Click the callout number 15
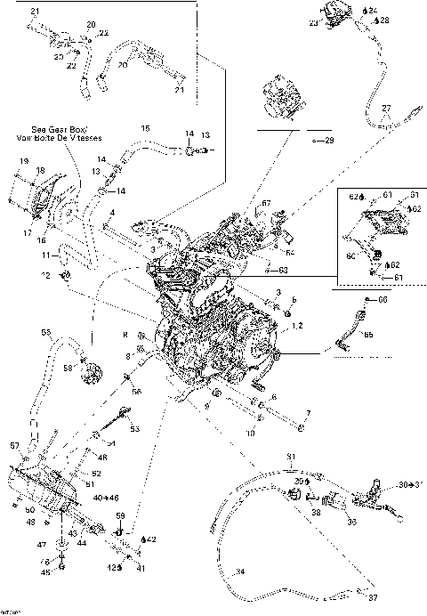(x=146, y=129)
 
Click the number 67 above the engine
(x=264, y=204)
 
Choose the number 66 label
(x=383, y=299)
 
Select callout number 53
(x=135, y=429)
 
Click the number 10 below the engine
(x=250, y=433)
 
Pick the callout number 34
(x=239, y=571)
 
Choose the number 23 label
(x=313, y=24)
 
